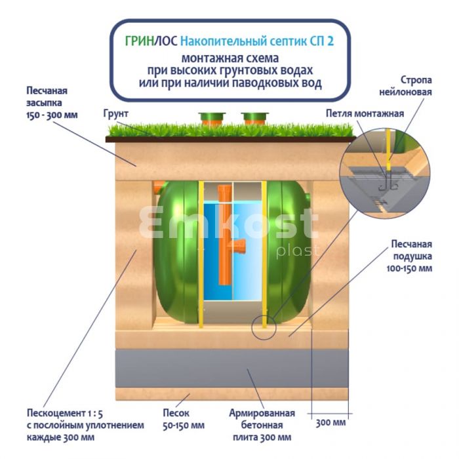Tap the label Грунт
point(115,113)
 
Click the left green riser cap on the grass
point(212,119)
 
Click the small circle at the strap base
point(264,327)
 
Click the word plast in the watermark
point(298,251)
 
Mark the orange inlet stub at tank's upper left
point(157,188)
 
